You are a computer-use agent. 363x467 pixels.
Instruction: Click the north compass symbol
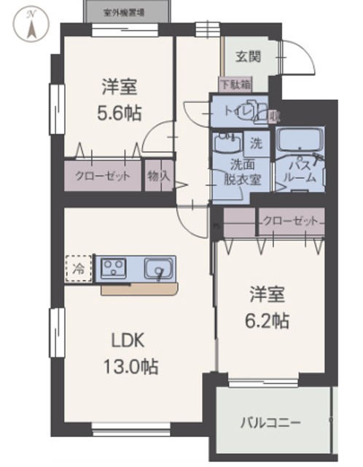31,25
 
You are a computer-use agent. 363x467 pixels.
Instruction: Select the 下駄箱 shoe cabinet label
235,85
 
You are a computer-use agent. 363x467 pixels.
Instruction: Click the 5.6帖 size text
120,113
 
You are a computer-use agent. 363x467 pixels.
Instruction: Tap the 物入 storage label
159,176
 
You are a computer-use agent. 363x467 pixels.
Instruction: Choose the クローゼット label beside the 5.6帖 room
103,176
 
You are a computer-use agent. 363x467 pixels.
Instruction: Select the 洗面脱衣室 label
241,173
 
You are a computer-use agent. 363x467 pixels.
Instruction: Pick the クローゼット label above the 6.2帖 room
290,220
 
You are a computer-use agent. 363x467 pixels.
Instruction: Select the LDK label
129,340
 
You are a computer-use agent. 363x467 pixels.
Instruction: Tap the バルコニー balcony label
271,423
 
